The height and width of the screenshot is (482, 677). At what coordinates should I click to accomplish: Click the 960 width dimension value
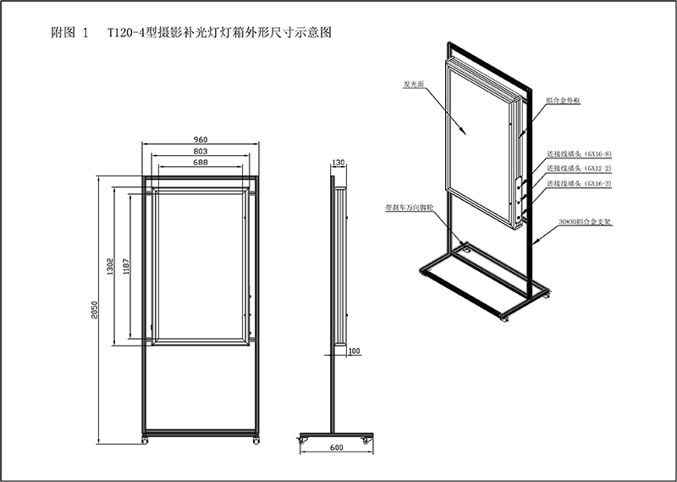[x=201, y=139]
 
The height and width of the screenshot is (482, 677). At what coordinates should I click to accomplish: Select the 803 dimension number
[x=201, y=150]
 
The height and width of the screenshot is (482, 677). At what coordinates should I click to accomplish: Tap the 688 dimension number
[x=201, y=161]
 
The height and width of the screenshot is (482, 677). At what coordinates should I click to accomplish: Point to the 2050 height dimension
[x=96, y=312]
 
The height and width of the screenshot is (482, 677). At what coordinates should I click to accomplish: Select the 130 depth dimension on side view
[x=338, y=162]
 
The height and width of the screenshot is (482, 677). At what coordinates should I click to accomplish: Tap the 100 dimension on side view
[x=354, y=350]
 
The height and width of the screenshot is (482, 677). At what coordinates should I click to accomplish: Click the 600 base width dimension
[x=336, y=447]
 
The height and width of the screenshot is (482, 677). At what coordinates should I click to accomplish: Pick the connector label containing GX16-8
[x=579, y=154]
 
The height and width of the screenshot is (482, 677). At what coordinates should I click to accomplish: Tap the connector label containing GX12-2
[x=579, y=169]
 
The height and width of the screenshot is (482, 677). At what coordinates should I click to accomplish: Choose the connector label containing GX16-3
[x=579, y=183]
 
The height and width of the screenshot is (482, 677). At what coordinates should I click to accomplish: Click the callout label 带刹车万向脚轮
[x=406, y=206]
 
